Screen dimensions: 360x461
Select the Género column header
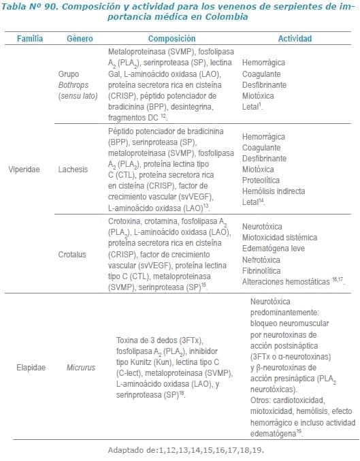[x=80, y=39]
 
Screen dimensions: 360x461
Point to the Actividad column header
[x=295, y=39]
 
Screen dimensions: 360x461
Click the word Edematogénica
[x=270, y=248]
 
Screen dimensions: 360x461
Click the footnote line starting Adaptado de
[x=185, y=450]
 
